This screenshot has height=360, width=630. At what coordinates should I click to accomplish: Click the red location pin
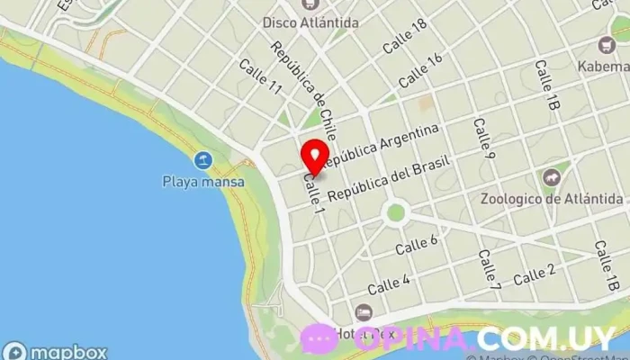(x=314, y=157)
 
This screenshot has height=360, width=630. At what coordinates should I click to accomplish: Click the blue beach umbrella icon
(x=204, y=161)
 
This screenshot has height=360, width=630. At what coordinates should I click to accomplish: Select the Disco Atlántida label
(x=310, y=21)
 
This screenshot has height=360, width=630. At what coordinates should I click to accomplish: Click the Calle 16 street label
(x=421, y=69)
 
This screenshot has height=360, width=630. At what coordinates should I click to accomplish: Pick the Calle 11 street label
(x=261, y=76)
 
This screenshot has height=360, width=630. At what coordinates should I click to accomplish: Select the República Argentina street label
(x=382, y=146)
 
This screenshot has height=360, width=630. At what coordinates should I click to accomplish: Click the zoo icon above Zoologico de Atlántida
(x=551, y=177)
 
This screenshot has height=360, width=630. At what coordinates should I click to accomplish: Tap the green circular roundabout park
(x=395, y=213)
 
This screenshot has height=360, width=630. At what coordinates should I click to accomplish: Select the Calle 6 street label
(x=416, y=243)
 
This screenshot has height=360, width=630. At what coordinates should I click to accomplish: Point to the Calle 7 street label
(x=489, y=269)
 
